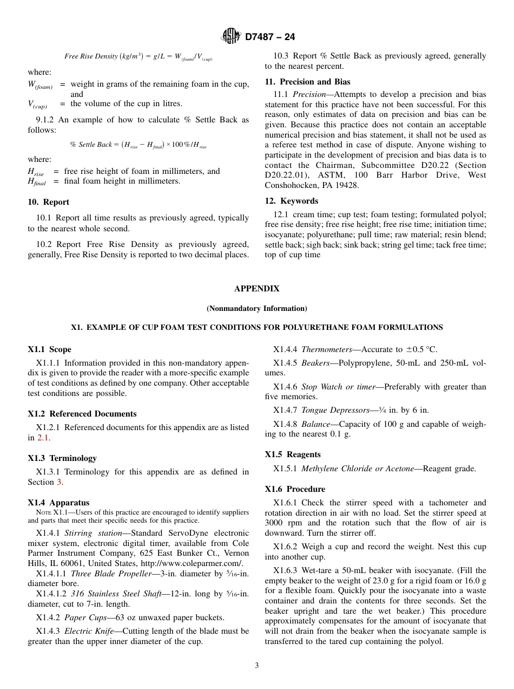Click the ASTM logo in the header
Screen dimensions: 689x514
click(231, 36)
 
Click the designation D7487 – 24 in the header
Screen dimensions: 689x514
click(270, 37)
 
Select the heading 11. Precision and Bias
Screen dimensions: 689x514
click(307, 82)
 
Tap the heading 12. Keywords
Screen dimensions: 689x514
click(291, 201)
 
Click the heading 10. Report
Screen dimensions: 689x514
click(48, 202)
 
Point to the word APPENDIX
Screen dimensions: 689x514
click(256, 289)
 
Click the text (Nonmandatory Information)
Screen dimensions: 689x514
click(256, 308)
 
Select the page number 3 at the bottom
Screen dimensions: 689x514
click(256, 665)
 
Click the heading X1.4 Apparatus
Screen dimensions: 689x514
click(58, 503)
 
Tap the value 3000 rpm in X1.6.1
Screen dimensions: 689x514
click(282, 523)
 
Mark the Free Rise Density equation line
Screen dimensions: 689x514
click(139, 56)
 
